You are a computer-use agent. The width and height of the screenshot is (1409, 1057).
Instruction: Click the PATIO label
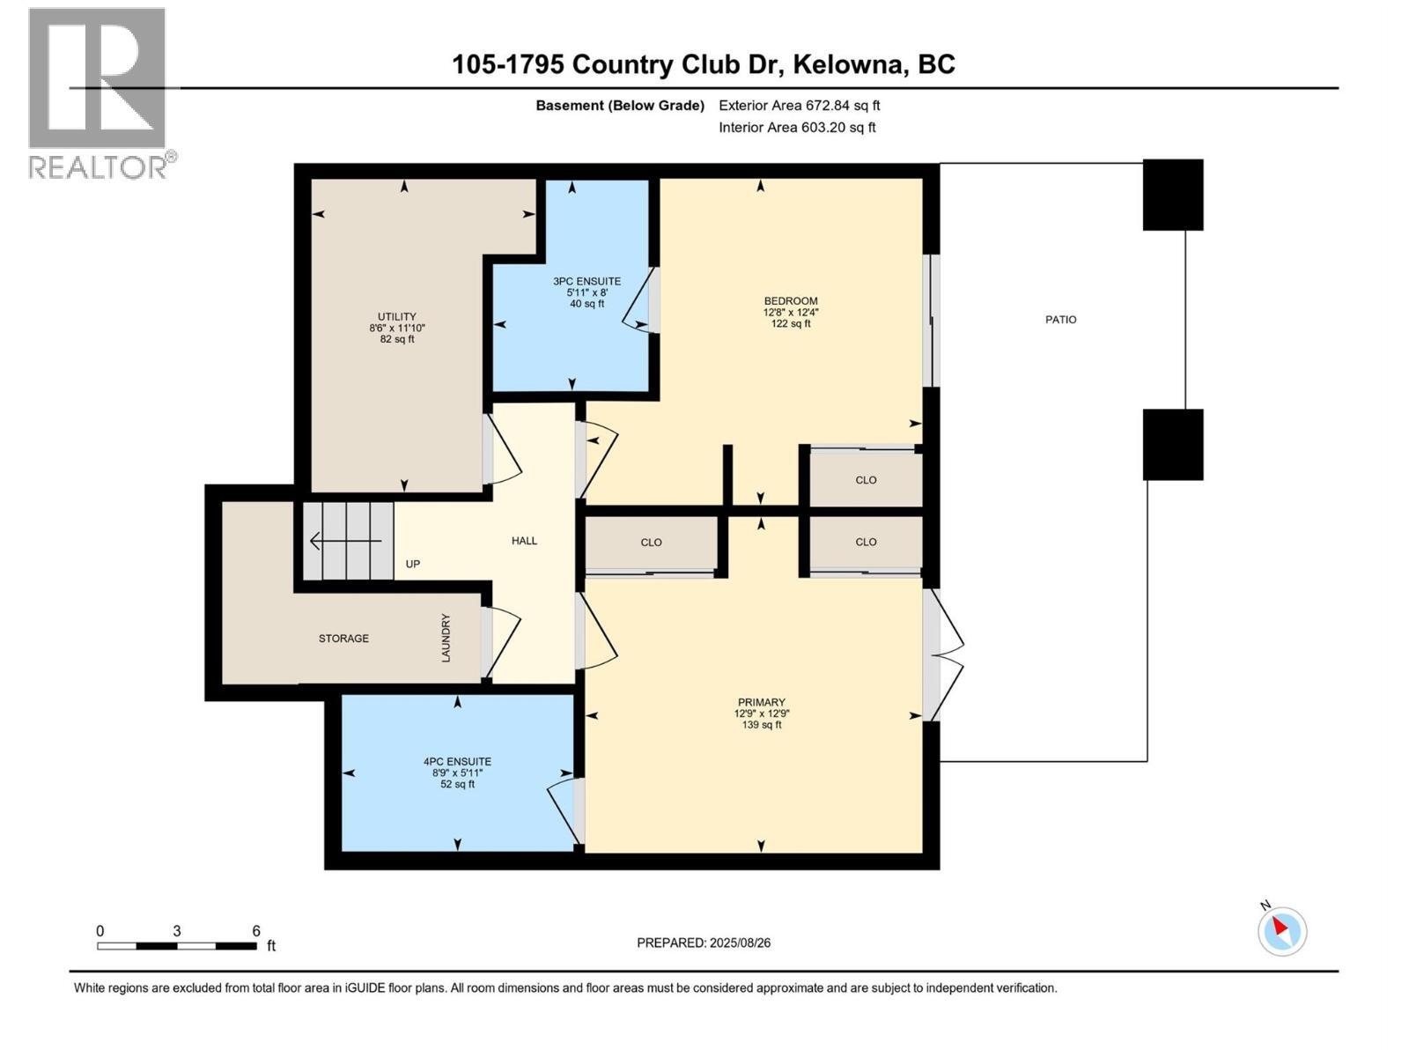point(1060,320)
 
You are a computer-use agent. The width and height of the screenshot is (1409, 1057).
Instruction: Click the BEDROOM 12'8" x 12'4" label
point(790,312)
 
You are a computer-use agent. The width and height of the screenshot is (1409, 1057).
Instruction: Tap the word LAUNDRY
point(446,638)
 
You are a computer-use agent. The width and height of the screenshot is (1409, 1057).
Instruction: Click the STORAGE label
point(343,638)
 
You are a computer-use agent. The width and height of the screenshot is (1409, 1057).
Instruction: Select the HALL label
point(524,541)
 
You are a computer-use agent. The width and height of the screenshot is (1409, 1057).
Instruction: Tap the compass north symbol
point(1281,930)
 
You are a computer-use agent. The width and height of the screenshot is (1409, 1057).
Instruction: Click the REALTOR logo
point(99,92)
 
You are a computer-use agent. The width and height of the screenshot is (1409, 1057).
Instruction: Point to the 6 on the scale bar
point(256,931)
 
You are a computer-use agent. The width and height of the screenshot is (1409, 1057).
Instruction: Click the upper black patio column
point(1172,195)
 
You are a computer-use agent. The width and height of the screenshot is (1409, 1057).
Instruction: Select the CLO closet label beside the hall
point(651,543)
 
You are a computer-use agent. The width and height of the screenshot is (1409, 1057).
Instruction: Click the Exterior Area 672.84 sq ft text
point(799,106)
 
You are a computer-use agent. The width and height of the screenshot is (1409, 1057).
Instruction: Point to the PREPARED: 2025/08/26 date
point(704,942)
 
